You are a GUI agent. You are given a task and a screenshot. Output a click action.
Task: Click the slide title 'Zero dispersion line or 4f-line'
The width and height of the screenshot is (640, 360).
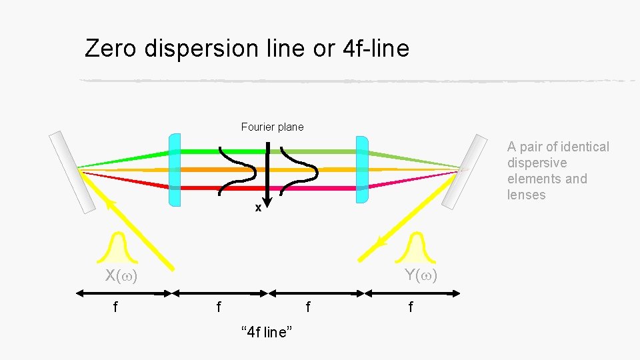pyautogui.click(x=247, y=48)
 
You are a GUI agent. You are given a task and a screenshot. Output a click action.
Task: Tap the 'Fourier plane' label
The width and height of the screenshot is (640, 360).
pyautogui.click(x=272, y=127)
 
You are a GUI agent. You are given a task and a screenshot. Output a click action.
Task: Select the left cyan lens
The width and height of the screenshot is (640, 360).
pyautogui.click(x=175, y=169)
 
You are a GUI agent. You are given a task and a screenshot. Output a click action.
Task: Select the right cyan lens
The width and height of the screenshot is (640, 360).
pyautogui.click(x=362, y=169)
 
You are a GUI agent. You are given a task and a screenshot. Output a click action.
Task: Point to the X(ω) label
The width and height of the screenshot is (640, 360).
pyautogui.click(x=121, y=276)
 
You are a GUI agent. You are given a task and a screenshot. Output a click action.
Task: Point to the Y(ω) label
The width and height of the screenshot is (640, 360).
pyautogui.click(x=421, y=275)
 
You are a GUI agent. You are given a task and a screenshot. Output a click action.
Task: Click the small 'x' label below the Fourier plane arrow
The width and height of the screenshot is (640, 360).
pyautogui.click(x=258, y=208)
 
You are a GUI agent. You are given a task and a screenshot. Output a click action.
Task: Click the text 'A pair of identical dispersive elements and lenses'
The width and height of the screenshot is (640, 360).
pyautogui.click(x=557, y=171)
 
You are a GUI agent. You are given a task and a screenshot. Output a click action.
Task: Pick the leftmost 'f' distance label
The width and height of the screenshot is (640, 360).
pyautogui.click(x=116, y=307)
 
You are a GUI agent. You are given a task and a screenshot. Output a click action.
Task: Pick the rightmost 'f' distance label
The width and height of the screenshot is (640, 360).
pyautogui.click(x=410, y=307)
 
